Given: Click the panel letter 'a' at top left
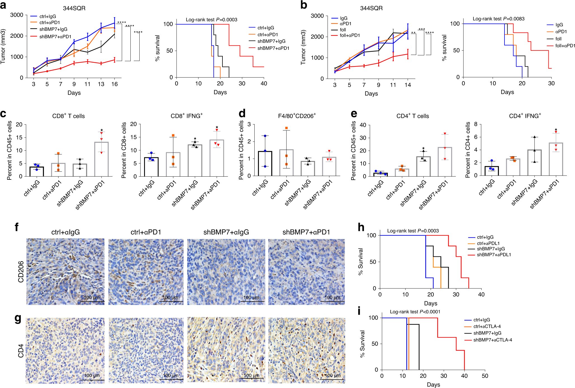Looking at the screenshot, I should [3, 6].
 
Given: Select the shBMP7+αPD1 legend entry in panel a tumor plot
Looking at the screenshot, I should [55, 36].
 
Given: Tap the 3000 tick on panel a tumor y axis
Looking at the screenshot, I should [17, 15].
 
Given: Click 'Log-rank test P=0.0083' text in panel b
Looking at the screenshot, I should [498, 19].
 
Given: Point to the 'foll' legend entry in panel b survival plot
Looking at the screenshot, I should [558, 39].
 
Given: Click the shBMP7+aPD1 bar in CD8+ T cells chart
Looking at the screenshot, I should [101, 159].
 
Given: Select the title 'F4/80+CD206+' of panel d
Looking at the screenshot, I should [297, 116].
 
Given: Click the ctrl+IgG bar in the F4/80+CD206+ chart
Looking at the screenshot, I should [265, 163].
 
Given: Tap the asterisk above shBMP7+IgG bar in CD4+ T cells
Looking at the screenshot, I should [423, 149].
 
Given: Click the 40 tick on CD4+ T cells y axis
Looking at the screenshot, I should [363, 125].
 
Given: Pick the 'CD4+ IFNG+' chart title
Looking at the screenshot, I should [525, 116].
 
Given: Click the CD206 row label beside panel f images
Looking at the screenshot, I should [21, 272].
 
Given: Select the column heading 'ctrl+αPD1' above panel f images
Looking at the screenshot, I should [146, 232].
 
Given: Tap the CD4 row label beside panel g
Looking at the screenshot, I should [21, 350].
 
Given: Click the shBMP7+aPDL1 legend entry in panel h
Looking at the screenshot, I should [494, 255].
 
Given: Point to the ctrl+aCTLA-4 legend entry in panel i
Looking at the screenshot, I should [487, 326].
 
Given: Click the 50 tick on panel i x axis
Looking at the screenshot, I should [485, 376].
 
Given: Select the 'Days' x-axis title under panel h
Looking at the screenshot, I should [430, 303].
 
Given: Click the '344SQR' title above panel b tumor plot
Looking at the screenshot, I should [371, 8].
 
